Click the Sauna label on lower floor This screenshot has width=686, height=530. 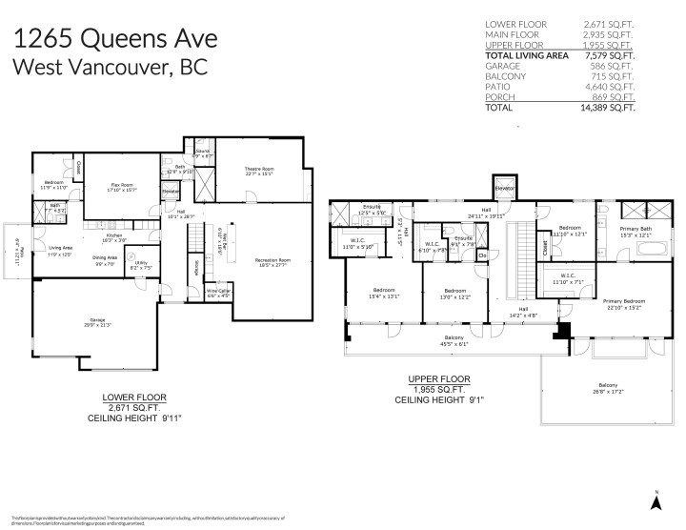coord(202,153)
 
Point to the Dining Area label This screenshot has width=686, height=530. coord(105,258)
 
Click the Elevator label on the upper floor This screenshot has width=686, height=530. coord(505,189)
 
